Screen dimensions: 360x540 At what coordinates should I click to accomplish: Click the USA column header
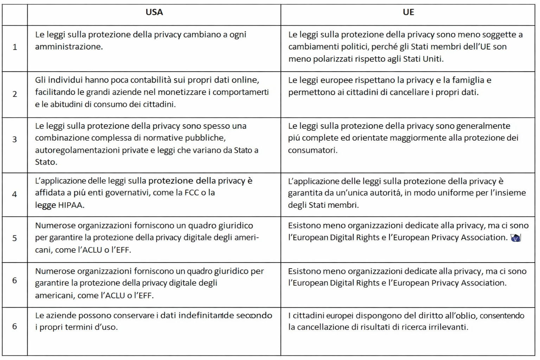coord(154,12)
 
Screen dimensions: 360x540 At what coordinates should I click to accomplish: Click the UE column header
coord(408,12)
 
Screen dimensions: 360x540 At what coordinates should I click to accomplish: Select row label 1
coord(15,47)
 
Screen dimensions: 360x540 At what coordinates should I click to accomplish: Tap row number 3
coord(15,140)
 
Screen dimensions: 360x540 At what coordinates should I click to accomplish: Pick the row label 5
coord(15,238)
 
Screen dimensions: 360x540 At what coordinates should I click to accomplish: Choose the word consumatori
coord(312,150)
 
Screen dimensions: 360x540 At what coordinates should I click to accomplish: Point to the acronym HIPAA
coord(71,205)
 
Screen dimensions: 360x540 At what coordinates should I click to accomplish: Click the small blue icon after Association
coord(515,238)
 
